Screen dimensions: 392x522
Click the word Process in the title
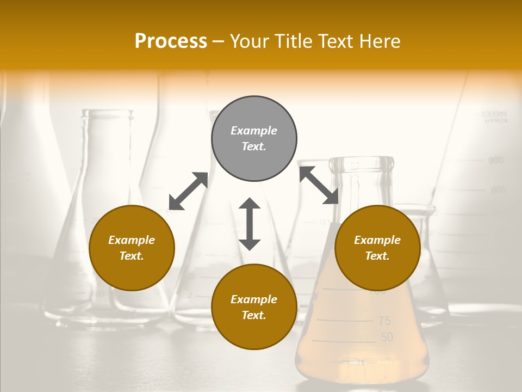[x=171, y=41]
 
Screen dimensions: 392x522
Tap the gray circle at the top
[x=254, y=138]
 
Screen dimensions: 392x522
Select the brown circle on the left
[x=132, y=248]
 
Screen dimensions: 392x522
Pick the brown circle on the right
[x=377, y=248]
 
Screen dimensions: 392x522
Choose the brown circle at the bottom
[x=254, y=307]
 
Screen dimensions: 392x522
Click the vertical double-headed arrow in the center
[x=250, y=224]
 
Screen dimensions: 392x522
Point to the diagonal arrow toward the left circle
[x=188, y=191]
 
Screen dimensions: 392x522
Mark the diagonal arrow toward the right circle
[x=319, y=185]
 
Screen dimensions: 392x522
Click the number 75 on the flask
[x=384, y=321]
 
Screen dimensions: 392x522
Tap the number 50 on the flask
[x=387, y=338]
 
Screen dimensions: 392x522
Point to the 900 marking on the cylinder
[x=495, y=161]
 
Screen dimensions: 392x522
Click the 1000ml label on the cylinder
[x=494, y=114]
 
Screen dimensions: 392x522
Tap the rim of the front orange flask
[x=362, y=161]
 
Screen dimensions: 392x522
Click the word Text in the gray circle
[x=254, y=146]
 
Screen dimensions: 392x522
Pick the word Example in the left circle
[x=132, y=240]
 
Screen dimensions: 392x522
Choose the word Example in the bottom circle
[x=254, y=299]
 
